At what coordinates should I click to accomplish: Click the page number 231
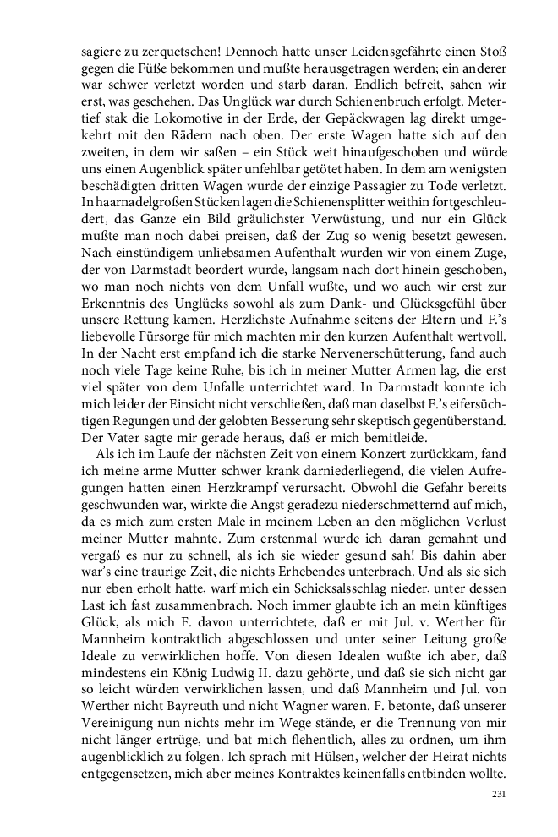tap(498, 794)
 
